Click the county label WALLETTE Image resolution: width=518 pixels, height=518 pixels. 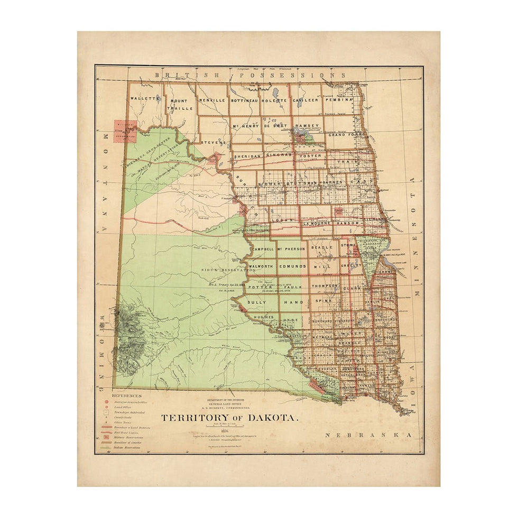[x=145, y=99]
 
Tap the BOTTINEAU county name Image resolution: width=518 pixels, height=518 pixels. [x=245, y=99]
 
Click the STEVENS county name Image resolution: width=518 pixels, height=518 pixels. [x=213, y=142]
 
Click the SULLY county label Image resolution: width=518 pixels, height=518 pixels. [x=258, y=302]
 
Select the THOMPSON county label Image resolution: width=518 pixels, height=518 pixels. [x=325, y=286]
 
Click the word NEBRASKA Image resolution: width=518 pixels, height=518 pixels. [x=368, y=434]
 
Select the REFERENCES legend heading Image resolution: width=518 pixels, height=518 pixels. [x=126, y=395]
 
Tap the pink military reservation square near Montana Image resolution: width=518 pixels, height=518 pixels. [x=125, y=132]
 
